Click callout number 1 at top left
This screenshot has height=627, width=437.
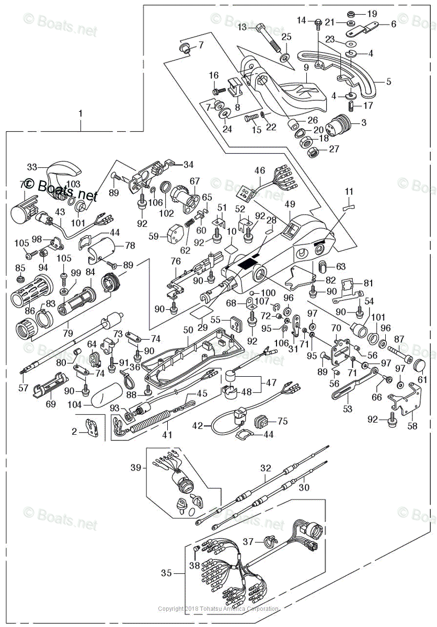(x=80, y=113)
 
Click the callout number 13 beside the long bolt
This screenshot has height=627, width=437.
(x=243, y=27)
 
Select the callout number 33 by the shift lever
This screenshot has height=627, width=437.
(x=32, y=167)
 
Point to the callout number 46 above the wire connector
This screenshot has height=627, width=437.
(x=260, y=170)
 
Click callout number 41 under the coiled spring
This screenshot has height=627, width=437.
(x=167, y=434)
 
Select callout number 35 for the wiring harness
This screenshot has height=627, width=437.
(x=166, y=573)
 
